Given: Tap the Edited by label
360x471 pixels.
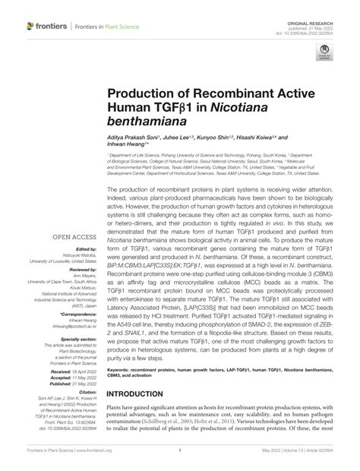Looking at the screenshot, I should [x=84, y=227].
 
